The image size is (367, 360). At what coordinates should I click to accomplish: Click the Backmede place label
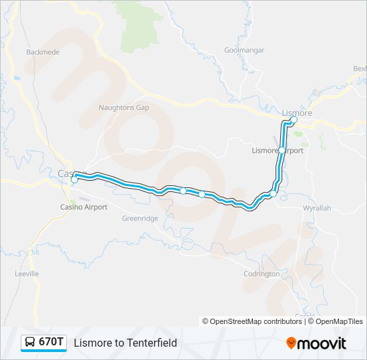(42, 52)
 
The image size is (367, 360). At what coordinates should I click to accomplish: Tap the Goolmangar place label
(244, 50)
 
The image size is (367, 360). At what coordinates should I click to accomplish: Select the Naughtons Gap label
(123, 107)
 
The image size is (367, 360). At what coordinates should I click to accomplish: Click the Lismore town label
(297, 113)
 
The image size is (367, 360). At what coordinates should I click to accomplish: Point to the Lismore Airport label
(278, 151)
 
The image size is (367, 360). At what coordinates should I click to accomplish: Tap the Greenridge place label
(140, 218)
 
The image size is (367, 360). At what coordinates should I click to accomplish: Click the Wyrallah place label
(317, 208)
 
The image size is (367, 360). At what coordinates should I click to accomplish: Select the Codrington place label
(262, 274)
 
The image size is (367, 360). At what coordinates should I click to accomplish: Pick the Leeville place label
(27, 274)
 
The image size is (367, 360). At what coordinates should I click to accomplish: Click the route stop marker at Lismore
(294, 120)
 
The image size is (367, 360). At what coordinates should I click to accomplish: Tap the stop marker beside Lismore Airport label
(282, 151)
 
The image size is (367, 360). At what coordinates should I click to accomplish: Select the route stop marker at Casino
(74, 179)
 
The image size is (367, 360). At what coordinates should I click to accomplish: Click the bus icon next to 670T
(30, 343)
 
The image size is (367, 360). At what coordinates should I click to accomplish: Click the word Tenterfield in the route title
(152, 343)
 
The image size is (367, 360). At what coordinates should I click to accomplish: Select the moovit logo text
(322, 343)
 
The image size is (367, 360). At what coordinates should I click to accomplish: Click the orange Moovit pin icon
(291, 343)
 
